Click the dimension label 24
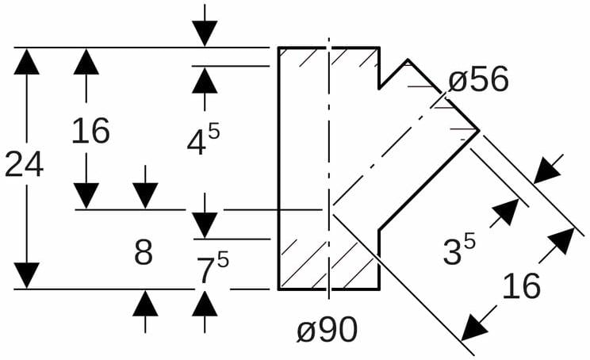[x=24, y=165]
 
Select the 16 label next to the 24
[x=90, y=131]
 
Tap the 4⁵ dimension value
[x=203, y=140]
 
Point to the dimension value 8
[x=143, y=253]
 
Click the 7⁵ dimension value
[x=212, y=267]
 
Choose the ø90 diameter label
[x=328, y=331]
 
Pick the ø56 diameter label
[x=478, y=80]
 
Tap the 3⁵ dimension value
[x=459, y=251]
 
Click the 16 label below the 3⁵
[x=521, y=286]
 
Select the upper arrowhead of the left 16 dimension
[x=86, y=61]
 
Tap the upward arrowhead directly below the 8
[x=144, y=303]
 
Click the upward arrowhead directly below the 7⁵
[x=205, y=303]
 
